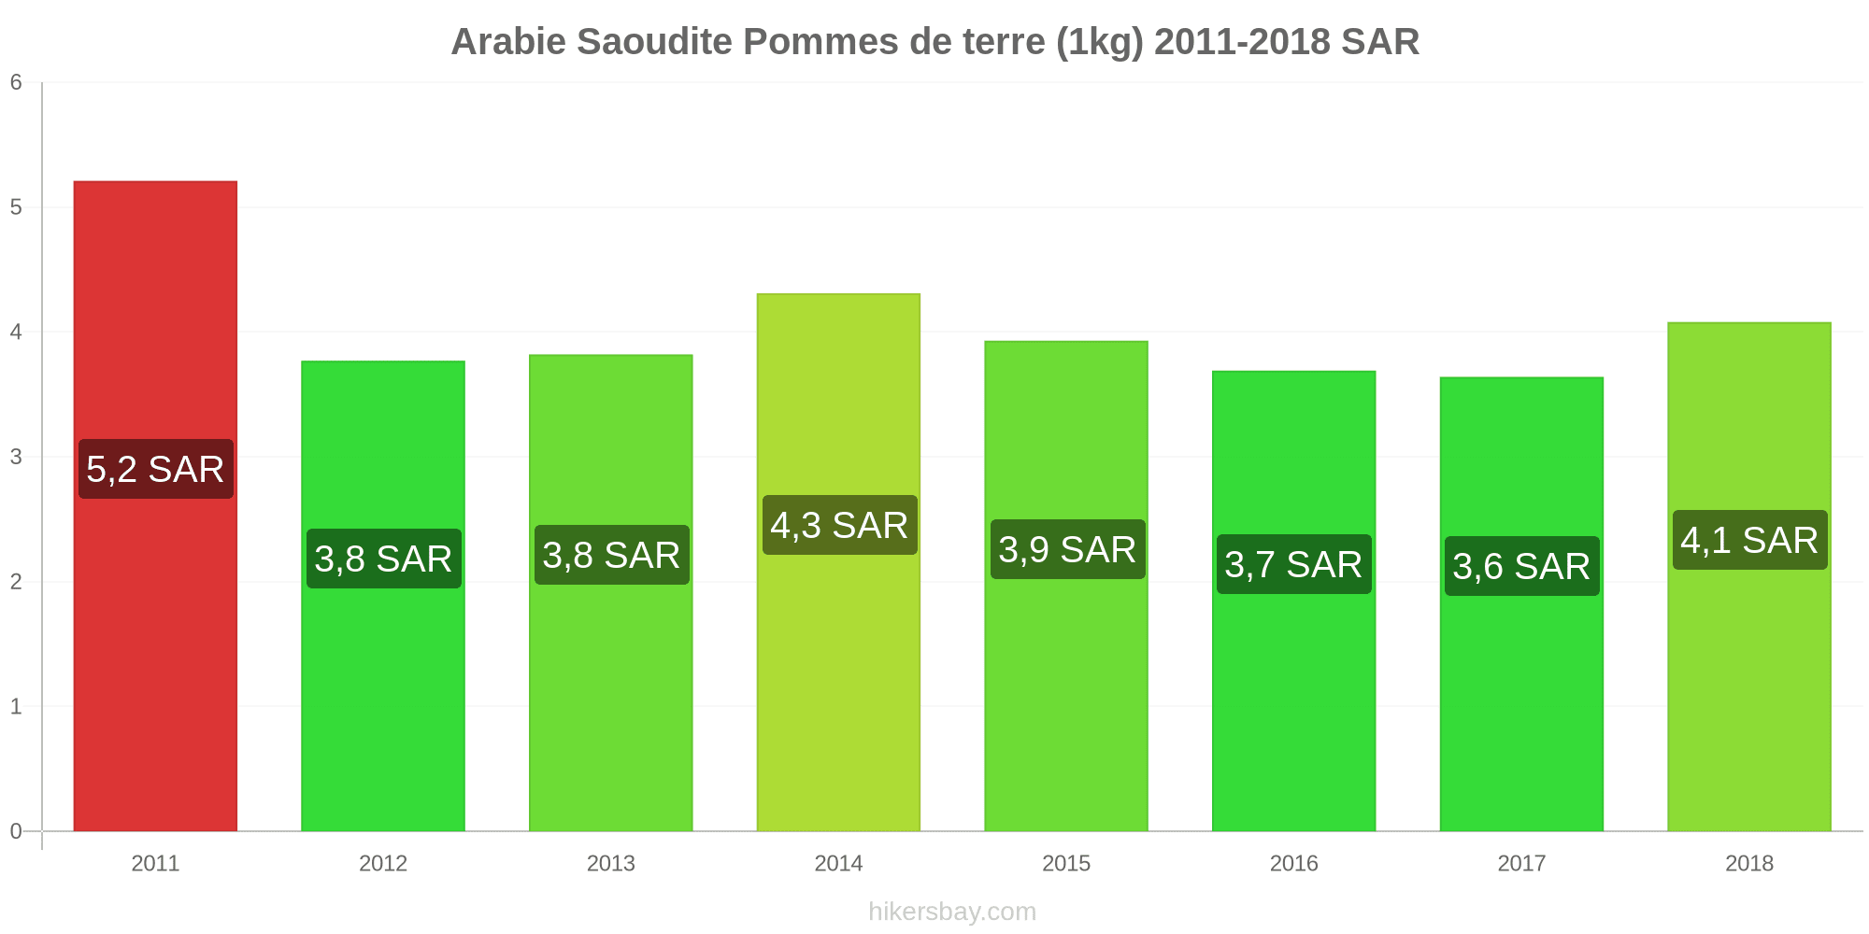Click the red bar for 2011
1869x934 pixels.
point(155,506)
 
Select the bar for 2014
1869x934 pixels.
point(838,562)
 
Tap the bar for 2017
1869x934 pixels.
point(1521,604)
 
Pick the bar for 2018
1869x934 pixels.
point(1749,577)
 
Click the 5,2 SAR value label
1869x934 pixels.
point(155,469)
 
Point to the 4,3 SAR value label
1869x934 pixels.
point(839,525)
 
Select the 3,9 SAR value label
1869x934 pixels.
point(1067,549)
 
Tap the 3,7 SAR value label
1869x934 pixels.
point(1294,564)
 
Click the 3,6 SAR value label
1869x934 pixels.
point(1521,566)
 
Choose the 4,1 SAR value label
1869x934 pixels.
point(1749,540)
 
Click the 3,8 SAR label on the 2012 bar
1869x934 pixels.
point(383,559)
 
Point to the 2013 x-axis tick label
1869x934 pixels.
point(611,863)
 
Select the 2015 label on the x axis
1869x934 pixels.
point(1066,863)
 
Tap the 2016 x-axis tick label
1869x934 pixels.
point(1294,863)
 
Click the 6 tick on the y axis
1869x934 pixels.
point(16,82)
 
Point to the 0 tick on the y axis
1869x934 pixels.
point(16,831)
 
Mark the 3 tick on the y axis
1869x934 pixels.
point(16,457)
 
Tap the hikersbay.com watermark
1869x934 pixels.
point(952,912)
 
